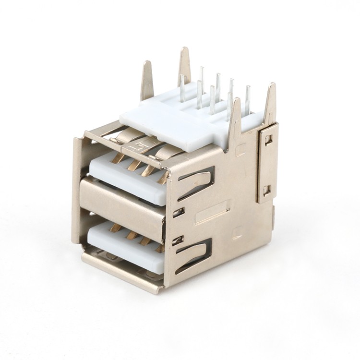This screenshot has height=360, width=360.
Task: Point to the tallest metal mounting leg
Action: point(184,65)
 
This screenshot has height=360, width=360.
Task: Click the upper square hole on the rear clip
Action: point(267,140)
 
